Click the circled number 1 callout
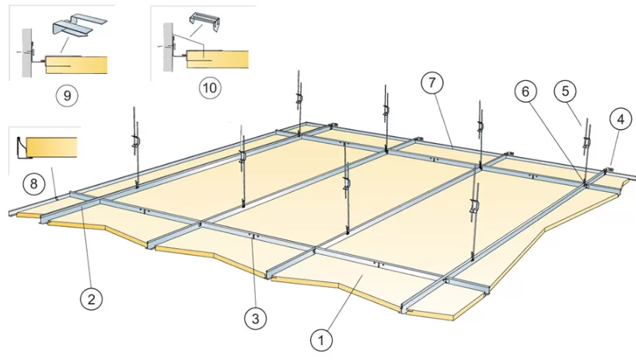(x=321, y=340)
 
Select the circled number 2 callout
(x=91, y=299)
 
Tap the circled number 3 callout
(x=256, y=318)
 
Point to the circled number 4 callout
(x=620, y=119)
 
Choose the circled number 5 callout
(x=565, y=91)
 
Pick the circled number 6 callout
(x=526, y=91)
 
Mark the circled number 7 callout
(x=432, y=82)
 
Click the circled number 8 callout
(x=33, y=183)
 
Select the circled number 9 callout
(x=67, y=96)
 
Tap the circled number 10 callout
(x=210, y=87)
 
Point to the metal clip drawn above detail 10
(x=204, y=23)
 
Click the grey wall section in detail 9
(x=26, y=52)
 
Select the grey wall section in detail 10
(x=168, y=47)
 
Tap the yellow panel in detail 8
(x=51, y=147)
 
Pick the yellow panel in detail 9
(x=76, y=65)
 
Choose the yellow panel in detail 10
(x=217, y=60)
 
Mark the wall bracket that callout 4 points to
(x=606, y=170)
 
